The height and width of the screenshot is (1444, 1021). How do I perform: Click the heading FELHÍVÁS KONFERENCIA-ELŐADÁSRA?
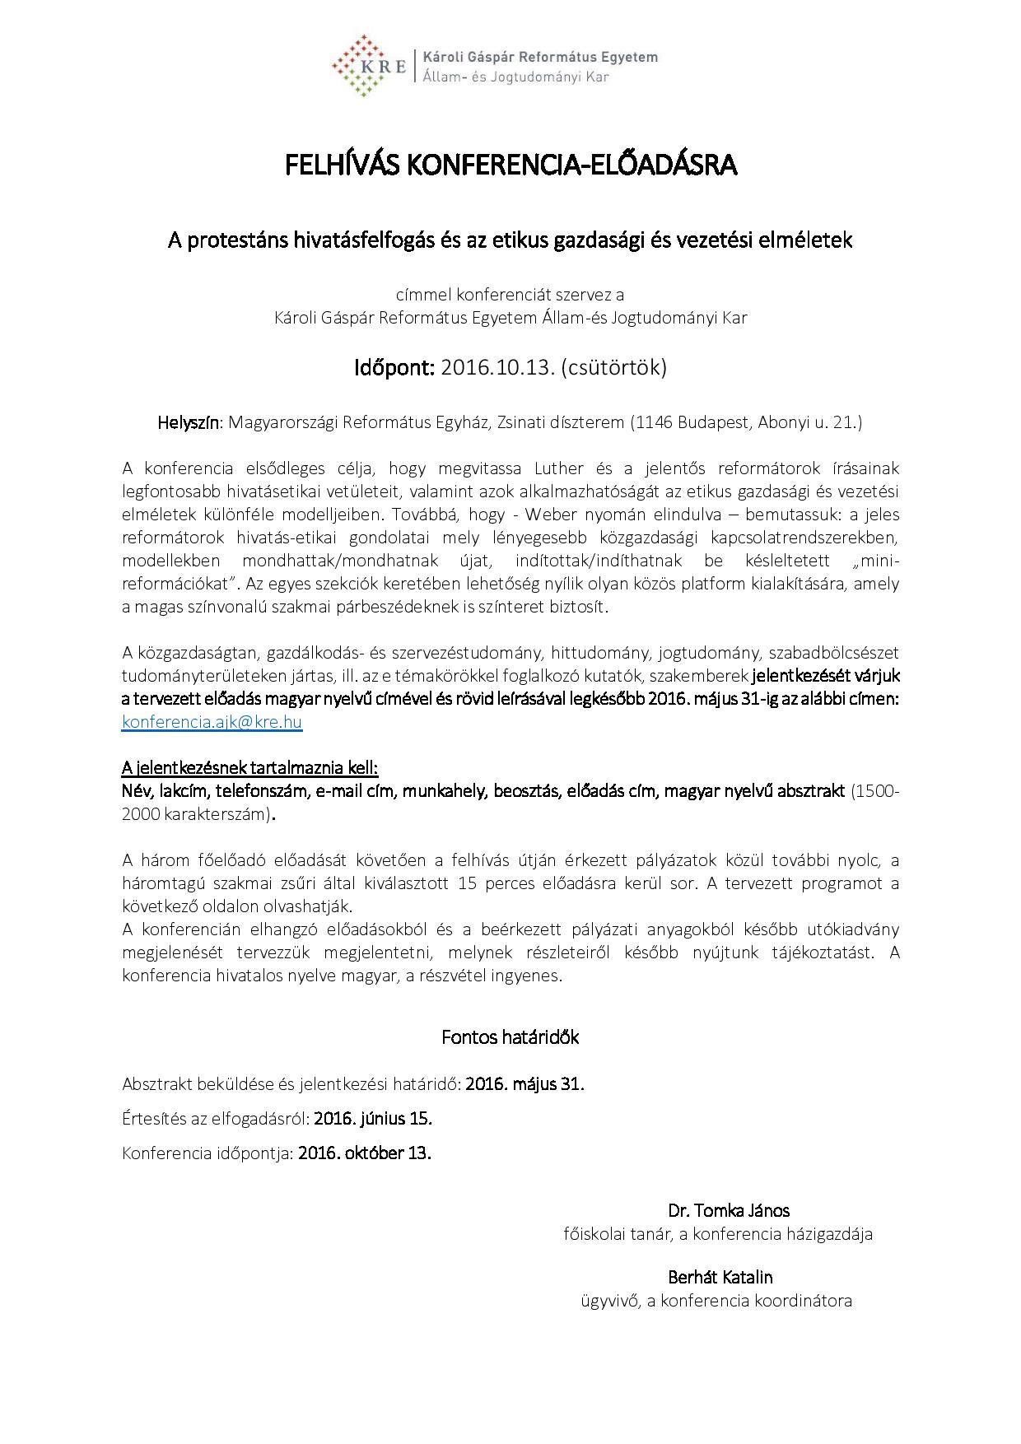pyautogui.click(x=510, y=165)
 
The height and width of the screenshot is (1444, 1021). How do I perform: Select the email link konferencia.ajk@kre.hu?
pyautogui.click(x=212, y=722)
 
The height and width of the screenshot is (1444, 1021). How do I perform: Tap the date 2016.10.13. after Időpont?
pyautogui.click(x=498, y=367)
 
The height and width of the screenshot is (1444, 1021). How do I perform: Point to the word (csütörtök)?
pyautogui.click(x=614, y=367)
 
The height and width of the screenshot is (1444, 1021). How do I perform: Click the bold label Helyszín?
pyautogui.click(x=189, y=423)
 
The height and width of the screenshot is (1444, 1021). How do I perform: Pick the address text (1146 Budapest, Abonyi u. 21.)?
pyautogui.click(x=746, y=423)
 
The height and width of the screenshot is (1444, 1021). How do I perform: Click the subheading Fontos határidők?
pyautogui.click(x=510, y=1037)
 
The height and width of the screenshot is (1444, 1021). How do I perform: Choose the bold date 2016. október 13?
pyautogui.click(x=365, y=1153)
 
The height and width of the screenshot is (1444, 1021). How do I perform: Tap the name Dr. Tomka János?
pyautogui.click(x=729, y=1210)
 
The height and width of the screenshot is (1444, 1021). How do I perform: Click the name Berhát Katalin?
pyautogui.click(x=720, y=1278)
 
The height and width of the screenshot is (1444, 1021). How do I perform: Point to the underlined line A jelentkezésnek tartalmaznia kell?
pyautogui.click(x=249, y=768)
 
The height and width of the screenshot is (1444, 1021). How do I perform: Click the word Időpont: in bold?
pyautogui.click(x=394, y=367)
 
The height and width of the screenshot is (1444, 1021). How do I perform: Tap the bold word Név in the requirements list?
pyautogui.click(x=135, y=791)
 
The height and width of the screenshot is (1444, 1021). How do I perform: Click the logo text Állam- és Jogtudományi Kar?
pyautogui.click(x=515, y=77)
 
